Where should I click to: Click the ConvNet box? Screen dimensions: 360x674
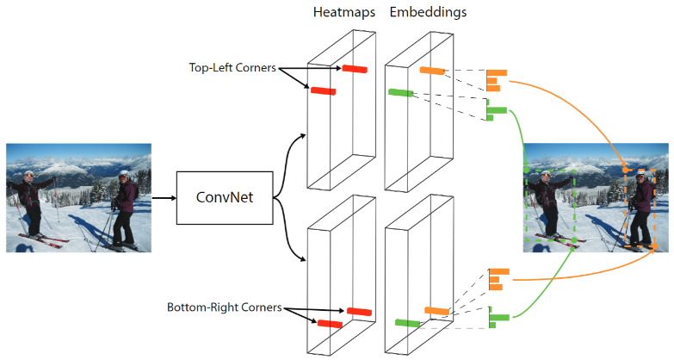[224, 197]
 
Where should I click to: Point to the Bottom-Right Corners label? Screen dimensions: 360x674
[225, 307]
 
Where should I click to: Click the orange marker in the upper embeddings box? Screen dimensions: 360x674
[432, 71]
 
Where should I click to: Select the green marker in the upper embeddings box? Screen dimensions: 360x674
[401, 92]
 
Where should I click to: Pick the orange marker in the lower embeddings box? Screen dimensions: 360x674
[436, 310]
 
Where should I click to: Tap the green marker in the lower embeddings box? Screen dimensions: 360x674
[407, 323]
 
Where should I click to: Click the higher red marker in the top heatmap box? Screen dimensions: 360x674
[354, 69]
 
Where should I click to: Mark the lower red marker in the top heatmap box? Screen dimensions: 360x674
[323, 90]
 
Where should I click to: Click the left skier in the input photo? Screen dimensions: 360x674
[30, 202]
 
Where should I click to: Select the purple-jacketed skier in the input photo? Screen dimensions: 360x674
[124, 207]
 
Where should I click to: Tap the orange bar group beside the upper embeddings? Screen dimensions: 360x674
[495, 80]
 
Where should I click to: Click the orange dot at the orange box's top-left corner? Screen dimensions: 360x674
[625, 171]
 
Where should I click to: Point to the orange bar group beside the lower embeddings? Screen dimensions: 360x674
[498, 281]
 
